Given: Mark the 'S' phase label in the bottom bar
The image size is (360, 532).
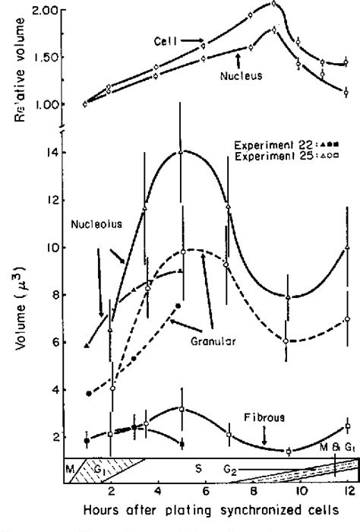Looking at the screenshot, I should click(199, 469).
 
